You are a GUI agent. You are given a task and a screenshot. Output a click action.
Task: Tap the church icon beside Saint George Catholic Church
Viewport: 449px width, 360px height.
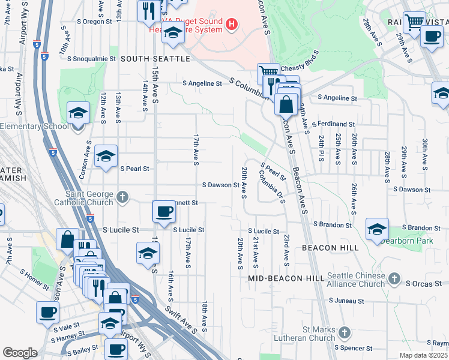(x=122, y=196)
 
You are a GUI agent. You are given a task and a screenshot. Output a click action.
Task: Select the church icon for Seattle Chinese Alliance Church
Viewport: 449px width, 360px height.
(x=394, y=278)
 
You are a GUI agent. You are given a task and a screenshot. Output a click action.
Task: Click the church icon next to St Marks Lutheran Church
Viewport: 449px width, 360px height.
(x=345, y=332)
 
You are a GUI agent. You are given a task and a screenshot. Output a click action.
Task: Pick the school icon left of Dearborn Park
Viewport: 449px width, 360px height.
(x=376, y=229)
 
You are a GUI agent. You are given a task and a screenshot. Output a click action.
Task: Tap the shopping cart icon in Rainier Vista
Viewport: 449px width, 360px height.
(x=414, y=23)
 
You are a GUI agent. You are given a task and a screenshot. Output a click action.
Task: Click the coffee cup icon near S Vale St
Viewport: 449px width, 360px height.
(x=47, y=312)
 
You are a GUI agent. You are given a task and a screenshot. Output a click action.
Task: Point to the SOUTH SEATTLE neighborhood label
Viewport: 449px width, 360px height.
(x=155, y=59)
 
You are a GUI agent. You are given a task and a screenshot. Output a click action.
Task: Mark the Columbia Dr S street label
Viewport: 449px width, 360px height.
(x=271, y=187)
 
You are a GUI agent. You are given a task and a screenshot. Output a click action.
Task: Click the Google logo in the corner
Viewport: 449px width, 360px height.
(x=20, y=353)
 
